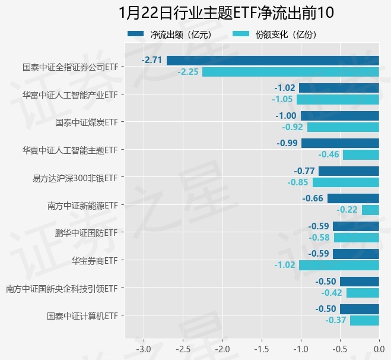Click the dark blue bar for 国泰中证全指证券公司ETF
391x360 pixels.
click(273, 61)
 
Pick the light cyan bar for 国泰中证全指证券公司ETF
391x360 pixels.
click(291, 72)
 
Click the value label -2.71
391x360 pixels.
click(152, 61)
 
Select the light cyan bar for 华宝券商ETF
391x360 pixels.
click(339, 265)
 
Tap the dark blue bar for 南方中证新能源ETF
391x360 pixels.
click(353, 198)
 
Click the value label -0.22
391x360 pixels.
click(347, 210)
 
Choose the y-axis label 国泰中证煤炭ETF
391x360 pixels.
click(86, 122)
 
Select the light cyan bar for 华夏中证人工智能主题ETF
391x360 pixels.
click(361, 154)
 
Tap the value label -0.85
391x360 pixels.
click(298, 182)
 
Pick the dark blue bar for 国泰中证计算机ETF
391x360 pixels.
click(360, 309)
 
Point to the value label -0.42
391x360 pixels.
click(332, 293)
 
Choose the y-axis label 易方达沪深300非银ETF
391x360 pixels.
click(75, 178)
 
